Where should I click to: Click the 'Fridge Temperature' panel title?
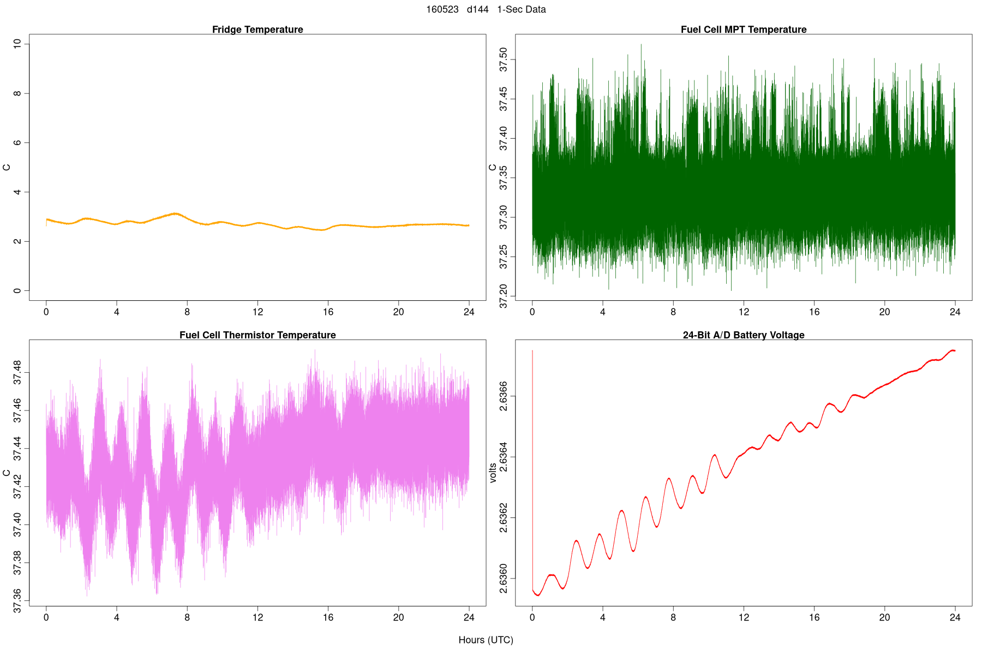click(258, 29)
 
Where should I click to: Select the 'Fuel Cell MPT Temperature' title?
click(743, 29)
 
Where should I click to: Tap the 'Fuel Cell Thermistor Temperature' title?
click(258, 335)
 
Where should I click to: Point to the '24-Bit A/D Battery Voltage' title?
click(743, 335)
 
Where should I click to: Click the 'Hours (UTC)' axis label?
click(486, 640)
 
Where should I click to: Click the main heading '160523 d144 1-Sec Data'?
click(486, 9)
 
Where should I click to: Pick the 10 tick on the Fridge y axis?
click(17, 44)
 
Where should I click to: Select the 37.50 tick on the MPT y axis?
click(504, 59)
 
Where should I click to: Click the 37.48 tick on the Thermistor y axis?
click(17, 372)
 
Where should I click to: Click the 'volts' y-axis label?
click(493, 473)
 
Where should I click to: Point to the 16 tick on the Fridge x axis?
click(328, 312)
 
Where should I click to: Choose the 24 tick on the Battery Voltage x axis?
click(955, 618)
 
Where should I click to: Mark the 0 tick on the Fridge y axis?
click(17, 291)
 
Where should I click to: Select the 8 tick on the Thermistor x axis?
click(187, 618)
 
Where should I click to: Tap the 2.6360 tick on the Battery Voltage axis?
click(504, 579)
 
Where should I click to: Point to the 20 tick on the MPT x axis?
click(884, 312)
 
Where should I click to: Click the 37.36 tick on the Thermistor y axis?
click(17, 600)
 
